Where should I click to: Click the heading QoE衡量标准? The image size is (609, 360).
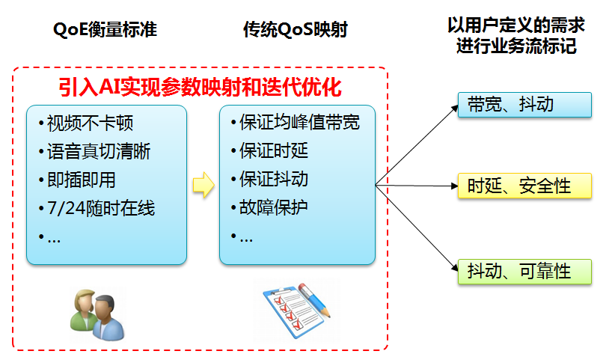tap(105, 31)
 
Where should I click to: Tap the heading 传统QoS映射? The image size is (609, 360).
tap(296, 31)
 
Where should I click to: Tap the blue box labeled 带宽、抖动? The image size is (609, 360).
tap(524, 105)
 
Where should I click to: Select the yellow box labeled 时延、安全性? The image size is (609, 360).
tap(524, 186)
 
